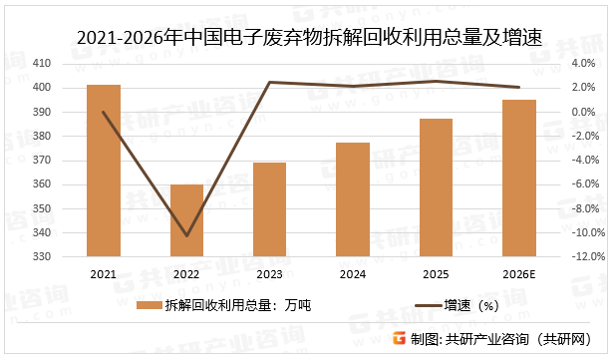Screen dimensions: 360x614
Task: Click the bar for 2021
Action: [104, 171]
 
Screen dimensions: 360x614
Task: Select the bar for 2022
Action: [186, 220]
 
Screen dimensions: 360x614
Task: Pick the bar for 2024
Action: [353, 199]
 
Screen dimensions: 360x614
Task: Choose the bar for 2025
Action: [436, 187]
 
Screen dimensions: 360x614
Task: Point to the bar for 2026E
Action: [519, 178]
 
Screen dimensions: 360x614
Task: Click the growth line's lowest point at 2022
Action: [186, 236]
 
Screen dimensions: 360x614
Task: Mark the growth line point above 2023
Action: [270, 82]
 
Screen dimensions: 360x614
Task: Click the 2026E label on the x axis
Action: [519, 272]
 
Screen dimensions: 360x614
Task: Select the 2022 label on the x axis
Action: [186, 272]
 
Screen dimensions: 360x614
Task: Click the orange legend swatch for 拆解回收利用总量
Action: [152, 305]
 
